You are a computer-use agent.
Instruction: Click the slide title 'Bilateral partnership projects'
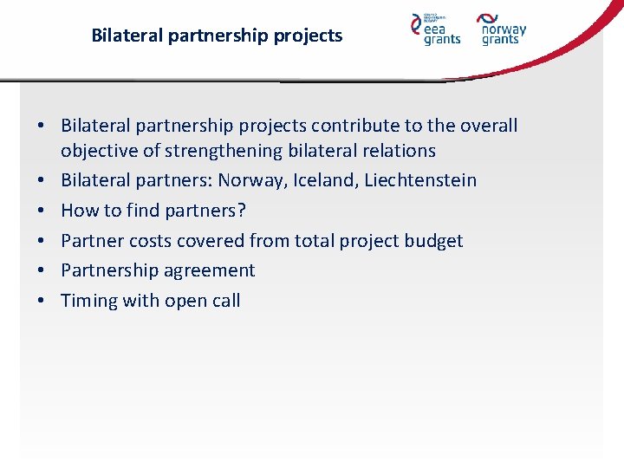coord(217,36)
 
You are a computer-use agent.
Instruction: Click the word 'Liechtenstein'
coord(420,180)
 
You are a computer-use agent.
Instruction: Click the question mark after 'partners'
coord(242,211)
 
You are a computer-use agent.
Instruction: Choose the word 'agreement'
coord(215,270)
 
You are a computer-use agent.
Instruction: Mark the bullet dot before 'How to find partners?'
coord(41,211)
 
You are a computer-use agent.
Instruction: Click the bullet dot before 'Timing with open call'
coord(41,301)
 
